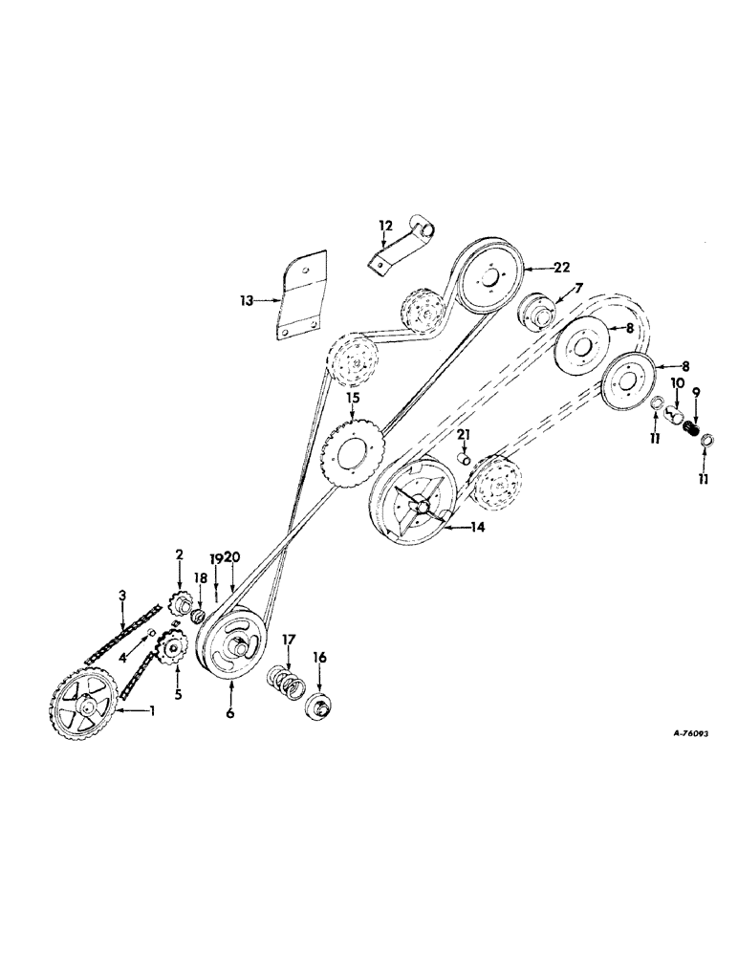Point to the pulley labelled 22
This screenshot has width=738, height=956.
pos(488,277)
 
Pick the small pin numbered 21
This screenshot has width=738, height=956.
pos(465,459)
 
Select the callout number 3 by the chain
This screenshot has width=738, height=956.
pos(122,596)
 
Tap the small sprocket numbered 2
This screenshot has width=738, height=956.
pos(178,603)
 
